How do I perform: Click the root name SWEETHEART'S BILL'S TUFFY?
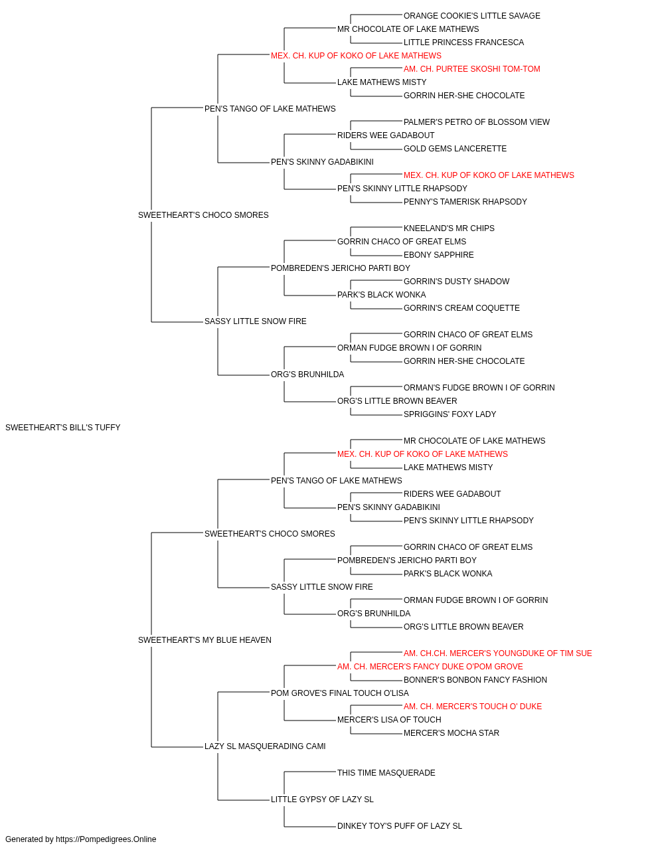click(x=62, y=428)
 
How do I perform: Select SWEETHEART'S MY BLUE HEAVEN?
click(x=205, y=640)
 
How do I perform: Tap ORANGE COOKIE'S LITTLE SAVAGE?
click(x=471, y=16)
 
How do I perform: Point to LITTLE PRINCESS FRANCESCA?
click(x=463, y=42)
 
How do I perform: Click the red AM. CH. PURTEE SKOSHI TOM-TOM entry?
click(x=471, y=69)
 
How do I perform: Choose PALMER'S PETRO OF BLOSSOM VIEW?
click(x=476, y=122)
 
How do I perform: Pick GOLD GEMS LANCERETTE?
click(x=455, y=149)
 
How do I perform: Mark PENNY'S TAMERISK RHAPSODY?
click(x=465, y=202)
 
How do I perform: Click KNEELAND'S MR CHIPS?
click(x=449, y=228)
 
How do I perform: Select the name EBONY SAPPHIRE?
click(x=438, y=255)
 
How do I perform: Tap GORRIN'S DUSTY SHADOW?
click(x=456, y=282)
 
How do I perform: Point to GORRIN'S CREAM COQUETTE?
click(x=461, y=308)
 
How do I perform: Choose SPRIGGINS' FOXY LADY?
click(x=450, y=414)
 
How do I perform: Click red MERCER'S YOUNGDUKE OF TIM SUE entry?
click(x=497, y=653)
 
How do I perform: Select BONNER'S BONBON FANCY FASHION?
click(x=475, y=680)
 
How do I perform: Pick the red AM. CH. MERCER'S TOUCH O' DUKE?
click(x=472, y=707)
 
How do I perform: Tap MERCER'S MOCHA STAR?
click(x=452, y=733)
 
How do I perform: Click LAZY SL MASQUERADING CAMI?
click(x=265, y=746)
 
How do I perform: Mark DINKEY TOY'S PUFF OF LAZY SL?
click(x=399, y=825)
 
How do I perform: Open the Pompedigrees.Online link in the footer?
click(x=106, y=839)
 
